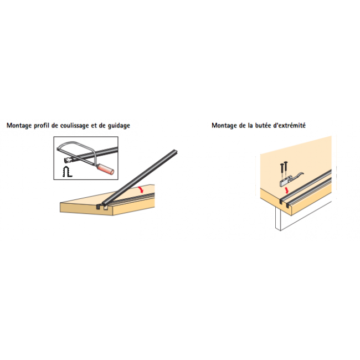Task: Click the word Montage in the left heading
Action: pyautogui.click(x=19, y=126)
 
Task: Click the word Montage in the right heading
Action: pyautogui.click(x=224, y=126)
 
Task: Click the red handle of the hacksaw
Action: pyautogui.click(x=106, y=169)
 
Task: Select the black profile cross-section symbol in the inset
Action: pyautogui.click(x=67, y=172)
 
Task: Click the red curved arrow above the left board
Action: pyautogui.click(x=141, y=189)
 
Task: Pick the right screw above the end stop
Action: pyautogui.click(x=285, y=169)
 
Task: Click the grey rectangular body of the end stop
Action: pyautogui.click(x=285, y=182)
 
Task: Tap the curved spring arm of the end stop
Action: pyautogui.click(x=298, y=175)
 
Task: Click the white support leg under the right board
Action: pyautogui.click(x=278, y=219)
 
